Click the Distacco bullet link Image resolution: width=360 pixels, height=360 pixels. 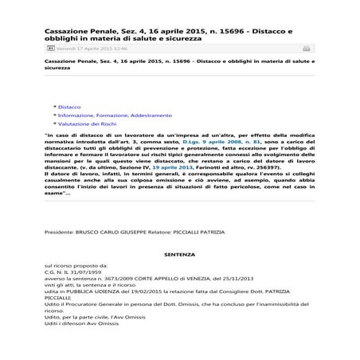tap(70, 106)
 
